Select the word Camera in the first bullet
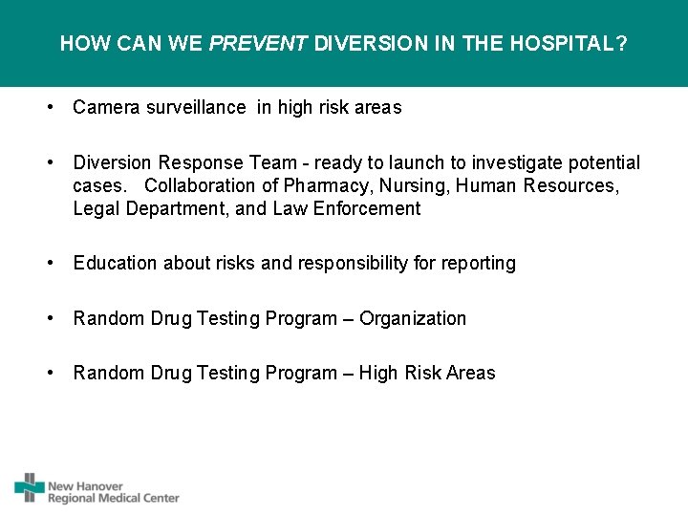[x=106, y=108]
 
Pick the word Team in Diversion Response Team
[x=270, y=163]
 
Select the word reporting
[x=478, y=263]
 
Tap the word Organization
[x=413, y=318]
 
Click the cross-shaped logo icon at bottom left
[x=30, y=487]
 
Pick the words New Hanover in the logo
[x=86, y=486]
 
